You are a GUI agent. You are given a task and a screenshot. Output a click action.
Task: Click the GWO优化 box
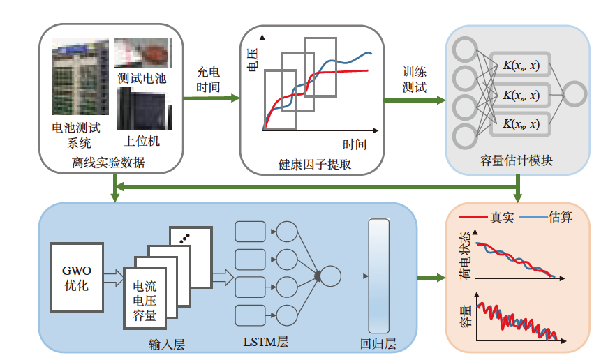coord(77,278)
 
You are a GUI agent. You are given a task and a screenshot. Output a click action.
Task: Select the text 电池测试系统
coord(77,135)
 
